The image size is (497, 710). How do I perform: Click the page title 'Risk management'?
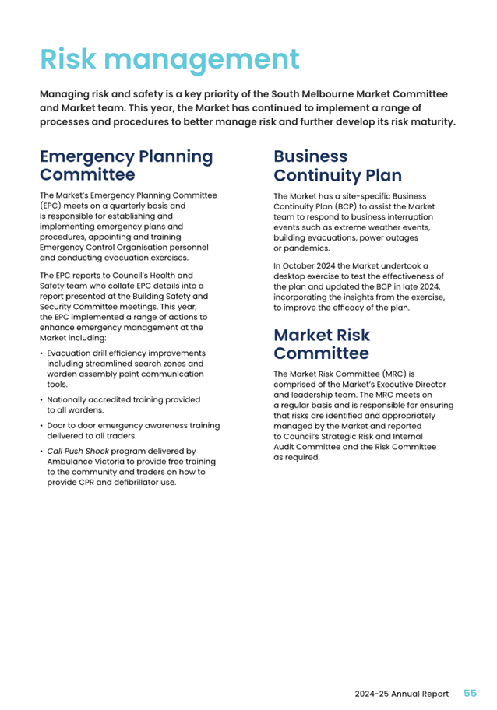click(x=169, y=59)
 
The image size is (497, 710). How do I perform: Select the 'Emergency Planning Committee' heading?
click(x=126, y=165)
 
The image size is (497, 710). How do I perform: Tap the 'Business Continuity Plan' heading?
click(x=337, y=165)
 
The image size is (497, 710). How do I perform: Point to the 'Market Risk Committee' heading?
click(x=322, y=344)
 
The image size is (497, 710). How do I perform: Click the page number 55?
click(x=471, y=693)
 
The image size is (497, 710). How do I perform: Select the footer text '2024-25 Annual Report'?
click(x=401, y=694)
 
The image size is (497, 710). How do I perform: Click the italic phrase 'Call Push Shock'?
click(x=76, y=451)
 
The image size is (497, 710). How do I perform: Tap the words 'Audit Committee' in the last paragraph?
click(x=306, y=447)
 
